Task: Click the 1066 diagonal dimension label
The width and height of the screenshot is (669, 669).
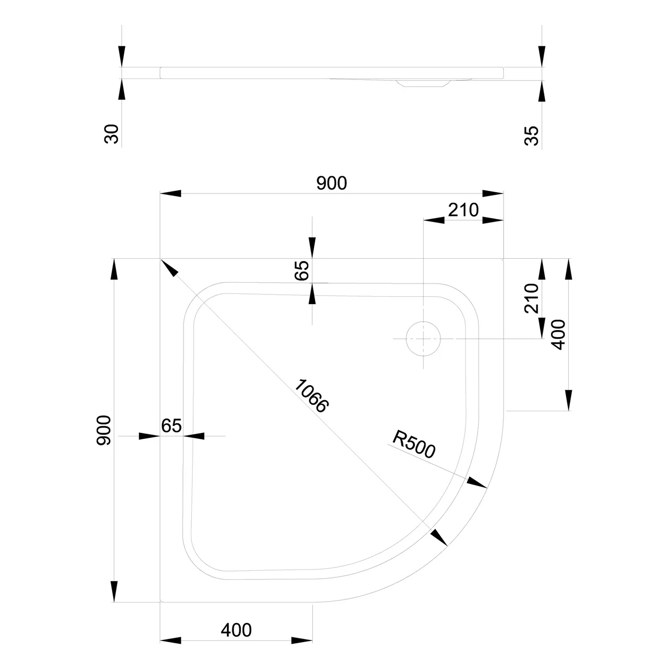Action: click(311, 396)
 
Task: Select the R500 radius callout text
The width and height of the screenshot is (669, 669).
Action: click(413, 444)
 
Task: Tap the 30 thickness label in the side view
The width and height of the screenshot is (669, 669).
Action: click(112, 134)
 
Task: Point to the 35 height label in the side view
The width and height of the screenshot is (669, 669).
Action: click(531, 136)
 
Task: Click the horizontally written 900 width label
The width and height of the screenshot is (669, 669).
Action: click(331, 183)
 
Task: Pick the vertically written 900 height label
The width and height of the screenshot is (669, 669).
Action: click(103, 430)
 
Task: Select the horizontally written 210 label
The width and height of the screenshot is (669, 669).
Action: click(463, 210)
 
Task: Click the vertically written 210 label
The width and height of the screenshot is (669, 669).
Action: click(532, 298)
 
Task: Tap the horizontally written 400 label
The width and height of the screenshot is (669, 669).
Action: click(236, 630)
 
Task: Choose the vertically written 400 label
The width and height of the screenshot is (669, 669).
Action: click(558, 334)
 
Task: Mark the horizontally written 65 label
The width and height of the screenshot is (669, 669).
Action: click(171, 426)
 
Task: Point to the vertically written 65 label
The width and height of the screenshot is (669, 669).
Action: click(301, 270)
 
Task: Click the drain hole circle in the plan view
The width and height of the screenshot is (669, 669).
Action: click(423, 339)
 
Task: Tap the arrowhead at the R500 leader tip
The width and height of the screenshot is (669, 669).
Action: click(477, 482)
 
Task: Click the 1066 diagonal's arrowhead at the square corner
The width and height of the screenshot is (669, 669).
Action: click(169, 268)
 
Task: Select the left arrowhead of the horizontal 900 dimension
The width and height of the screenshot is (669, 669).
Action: click(171, 194)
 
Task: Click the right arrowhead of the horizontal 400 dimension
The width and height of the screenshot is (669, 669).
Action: click(302, 640)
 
